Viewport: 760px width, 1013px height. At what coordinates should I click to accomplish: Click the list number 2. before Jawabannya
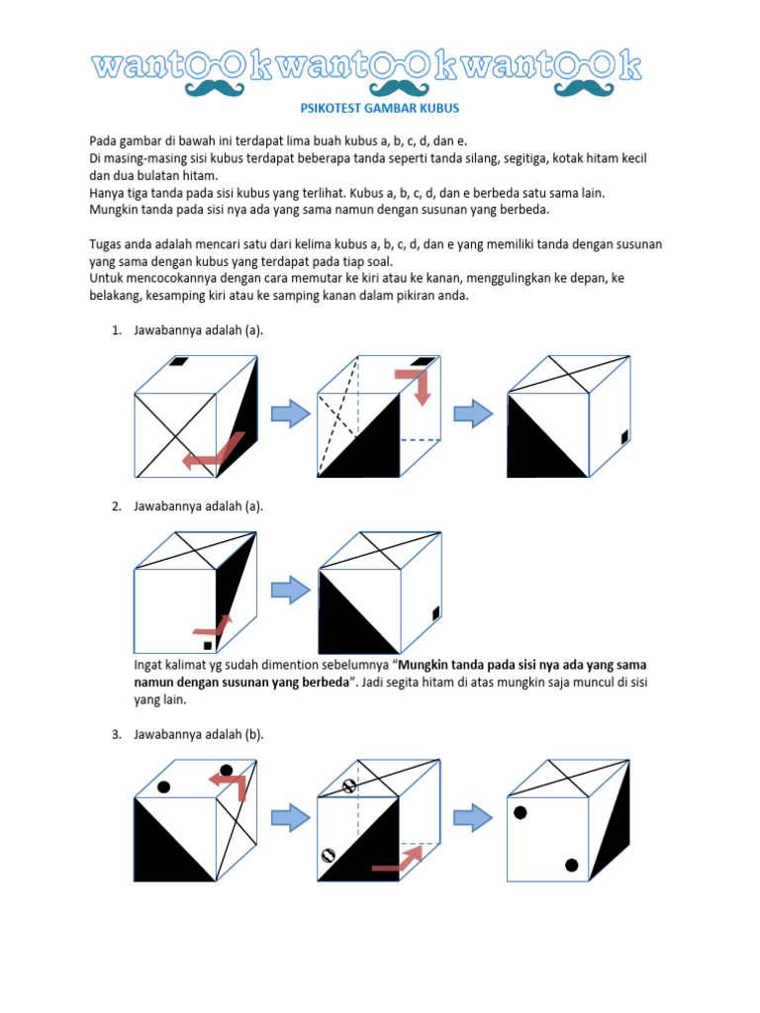(116, 506)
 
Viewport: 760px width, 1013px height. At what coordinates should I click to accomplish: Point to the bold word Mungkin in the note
(428, 665)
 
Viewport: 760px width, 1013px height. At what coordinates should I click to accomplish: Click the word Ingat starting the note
(149, 665)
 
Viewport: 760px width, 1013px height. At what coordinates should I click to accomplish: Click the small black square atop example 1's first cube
(178, 362)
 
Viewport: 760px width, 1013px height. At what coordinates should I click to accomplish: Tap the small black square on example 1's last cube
(623, 438)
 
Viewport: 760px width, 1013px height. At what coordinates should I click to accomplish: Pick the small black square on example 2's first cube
(207, 646)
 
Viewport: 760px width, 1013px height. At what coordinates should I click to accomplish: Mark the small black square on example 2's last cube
(434, 615)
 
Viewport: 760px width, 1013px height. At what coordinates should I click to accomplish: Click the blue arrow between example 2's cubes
(288, 592)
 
